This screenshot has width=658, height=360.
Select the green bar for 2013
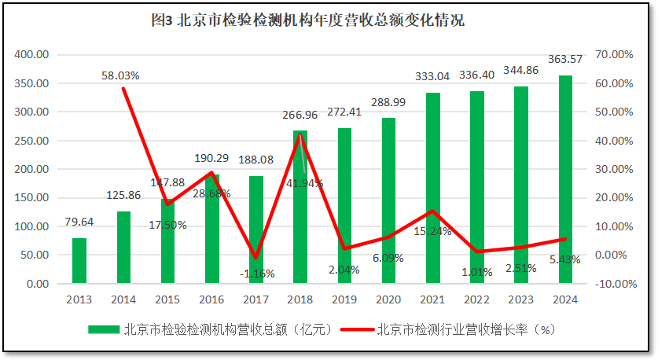tap(79, 260)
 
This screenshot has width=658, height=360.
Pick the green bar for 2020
tap(389, 200)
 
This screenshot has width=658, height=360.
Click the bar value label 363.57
tap(565, 59)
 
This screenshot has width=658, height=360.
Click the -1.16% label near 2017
tap(255, 274)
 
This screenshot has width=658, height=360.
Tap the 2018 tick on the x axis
tap(300, 299)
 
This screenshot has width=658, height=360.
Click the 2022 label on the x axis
tap(477, 299)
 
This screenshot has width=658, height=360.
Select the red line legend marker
tap(358, 329)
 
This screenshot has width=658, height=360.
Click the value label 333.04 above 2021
tap(432, 76)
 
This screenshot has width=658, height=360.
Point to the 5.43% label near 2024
tap(565, 259)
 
